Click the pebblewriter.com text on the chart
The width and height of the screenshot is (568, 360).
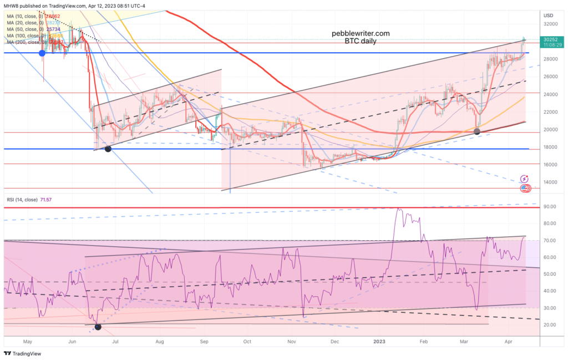click(x=360, y=33)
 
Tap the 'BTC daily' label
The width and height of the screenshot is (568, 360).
click(x=361, y=41)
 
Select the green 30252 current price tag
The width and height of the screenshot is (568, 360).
click(x=551, y=40)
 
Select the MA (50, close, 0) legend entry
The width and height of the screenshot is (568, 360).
click(x=33, y=29)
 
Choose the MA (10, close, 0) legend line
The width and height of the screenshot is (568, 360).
click(x=33, y=16)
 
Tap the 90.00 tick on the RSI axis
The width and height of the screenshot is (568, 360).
click(x=551, y=207)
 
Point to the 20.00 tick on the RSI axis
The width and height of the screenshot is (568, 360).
click(x=551, y=324)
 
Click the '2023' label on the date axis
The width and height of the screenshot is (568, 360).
click(x=380, y=342)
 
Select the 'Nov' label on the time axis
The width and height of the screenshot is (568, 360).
click(x=291, y=342)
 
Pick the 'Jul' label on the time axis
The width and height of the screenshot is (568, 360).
click(x=116, y=342)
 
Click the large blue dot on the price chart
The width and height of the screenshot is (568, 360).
click(x=42, y=53)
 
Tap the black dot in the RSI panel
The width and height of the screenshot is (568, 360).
click(x=98, y=327)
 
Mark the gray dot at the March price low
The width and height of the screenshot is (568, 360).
click(x=477, y=131)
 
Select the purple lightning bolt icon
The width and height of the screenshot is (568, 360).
click(x=525, y=179)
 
